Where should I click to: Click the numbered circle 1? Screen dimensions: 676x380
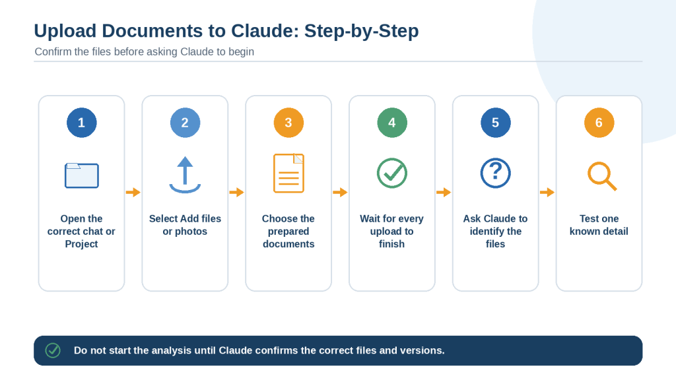(x=81, y=123)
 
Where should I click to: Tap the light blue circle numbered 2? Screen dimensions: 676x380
(x=185, y=123)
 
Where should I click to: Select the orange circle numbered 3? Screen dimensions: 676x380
(x=288, y=123)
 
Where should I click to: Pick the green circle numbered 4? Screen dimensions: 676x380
(x=392, y=123)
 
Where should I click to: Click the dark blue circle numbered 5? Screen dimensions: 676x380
(x=495, y=123)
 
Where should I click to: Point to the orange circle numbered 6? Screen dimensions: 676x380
(x=599, y=123)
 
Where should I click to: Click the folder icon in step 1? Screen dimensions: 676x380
(x=81, y=175)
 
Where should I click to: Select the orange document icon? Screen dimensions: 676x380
(x=288, y=174)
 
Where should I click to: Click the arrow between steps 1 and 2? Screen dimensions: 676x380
(x=133, y=192)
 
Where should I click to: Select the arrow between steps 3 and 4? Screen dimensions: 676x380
(x=340, y=192)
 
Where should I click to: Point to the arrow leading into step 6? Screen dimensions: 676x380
(x=547, y=192)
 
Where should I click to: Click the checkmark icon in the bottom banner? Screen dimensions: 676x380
(x=53, y=351)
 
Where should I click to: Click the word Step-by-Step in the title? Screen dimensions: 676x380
(x=361, y=31)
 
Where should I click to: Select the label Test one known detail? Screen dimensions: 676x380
(x=599, y=225)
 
